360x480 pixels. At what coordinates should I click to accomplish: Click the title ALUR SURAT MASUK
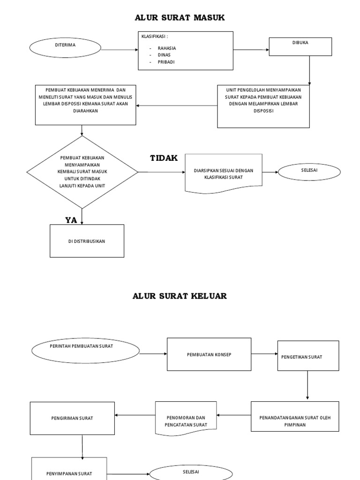click(x=180, y=18)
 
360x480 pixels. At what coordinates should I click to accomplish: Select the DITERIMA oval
click(x=65, y=47)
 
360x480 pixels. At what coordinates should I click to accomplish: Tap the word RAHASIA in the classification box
click(x=166, y=48)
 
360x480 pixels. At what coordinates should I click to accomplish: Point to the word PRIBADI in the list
click(x=166, y=62)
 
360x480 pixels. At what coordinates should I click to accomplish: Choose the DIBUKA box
click(x=300, y=46)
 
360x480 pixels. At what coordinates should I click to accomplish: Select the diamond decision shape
click(x=82, y=172)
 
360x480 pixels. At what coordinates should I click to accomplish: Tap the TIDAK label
click(x=164, y=158)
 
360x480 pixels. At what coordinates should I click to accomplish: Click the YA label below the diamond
click(x=71, y=220)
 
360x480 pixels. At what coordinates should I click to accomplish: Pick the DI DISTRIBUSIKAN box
click(x=87, y=241)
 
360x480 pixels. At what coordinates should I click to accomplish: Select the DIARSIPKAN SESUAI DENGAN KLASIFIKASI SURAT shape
click(x=224, y=173)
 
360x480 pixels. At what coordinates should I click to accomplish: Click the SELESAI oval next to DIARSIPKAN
click(x=309, y=172)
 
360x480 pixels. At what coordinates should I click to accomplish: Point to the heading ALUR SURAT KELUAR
click(x=180, y=296)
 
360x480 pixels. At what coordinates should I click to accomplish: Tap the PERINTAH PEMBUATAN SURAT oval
click(x=86, y=351)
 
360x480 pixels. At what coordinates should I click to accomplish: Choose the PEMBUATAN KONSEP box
click(x=209, y=354)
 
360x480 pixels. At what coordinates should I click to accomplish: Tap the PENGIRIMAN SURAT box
click(x=72, y=418)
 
